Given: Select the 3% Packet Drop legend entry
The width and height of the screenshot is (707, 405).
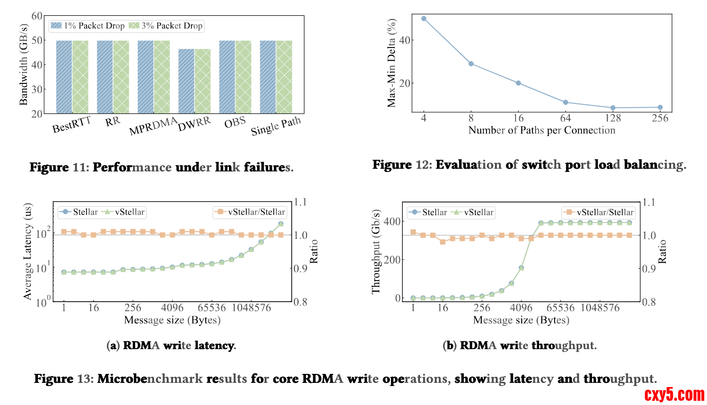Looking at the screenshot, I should click(x=166, y=25).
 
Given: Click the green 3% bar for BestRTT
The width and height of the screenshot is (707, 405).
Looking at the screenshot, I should click(x=80, y=77).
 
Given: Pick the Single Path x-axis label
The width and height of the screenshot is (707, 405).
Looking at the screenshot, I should click(x=276, y=127).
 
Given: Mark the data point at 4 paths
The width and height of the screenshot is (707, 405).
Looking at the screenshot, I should click(x=424, y=18).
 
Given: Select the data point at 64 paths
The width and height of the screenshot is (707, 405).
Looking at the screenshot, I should click(x=565, y=102).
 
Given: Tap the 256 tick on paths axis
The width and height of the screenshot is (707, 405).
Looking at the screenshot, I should click(x=660, y=118).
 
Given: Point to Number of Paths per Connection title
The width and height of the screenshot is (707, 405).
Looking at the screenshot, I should click(x=541, y=130).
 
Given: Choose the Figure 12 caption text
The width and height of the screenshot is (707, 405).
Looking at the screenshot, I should click(x=529, y=165).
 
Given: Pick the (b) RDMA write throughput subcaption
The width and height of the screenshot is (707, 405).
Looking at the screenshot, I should click(x=520, y=346).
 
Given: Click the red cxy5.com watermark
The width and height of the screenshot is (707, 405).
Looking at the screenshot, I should click(x=674, y=394).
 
